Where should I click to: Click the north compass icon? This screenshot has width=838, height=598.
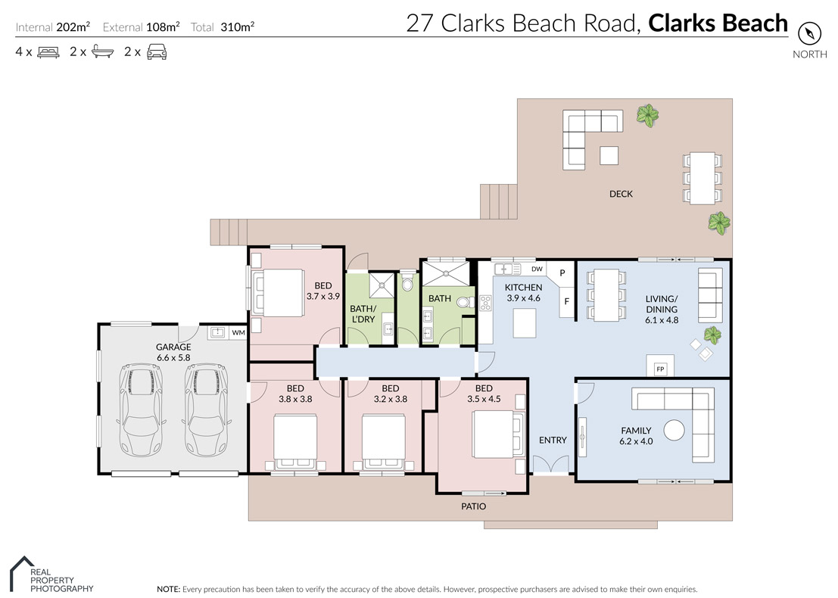tap(809, 33)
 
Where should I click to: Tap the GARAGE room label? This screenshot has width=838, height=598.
tap(173, 347)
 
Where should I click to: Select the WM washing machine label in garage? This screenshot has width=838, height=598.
tap(238, 332)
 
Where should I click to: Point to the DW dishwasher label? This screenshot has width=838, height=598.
tap(537, 269)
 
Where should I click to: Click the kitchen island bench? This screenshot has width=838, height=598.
tap(525, 323)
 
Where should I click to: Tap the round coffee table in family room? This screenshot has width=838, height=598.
tap(674, 430)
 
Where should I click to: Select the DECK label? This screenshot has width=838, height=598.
tap(621, 194)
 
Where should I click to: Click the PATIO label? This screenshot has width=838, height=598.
tap(474, 506)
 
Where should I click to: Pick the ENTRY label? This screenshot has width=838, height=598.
tap(553, 440)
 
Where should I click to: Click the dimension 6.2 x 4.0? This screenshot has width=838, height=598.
tap(636, 441)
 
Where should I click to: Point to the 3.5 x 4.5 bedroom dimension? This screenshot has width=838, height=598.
tap(484, 399)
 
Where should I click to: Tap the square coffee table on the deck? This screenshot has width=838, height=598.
tap(609, 155)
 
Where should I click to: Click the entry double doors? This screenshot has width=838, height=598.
tap(551, 465)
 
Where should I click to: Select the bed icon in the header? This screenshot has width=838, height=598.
tap(48, 52)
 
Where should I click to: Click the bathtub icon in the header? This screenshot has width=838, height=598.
tap(103, 51)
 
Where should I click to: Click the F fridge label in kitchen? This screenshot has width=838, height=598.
tap(566, 301)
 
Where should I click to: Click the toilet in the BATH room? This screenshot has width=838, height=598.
tap(465, 303)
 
